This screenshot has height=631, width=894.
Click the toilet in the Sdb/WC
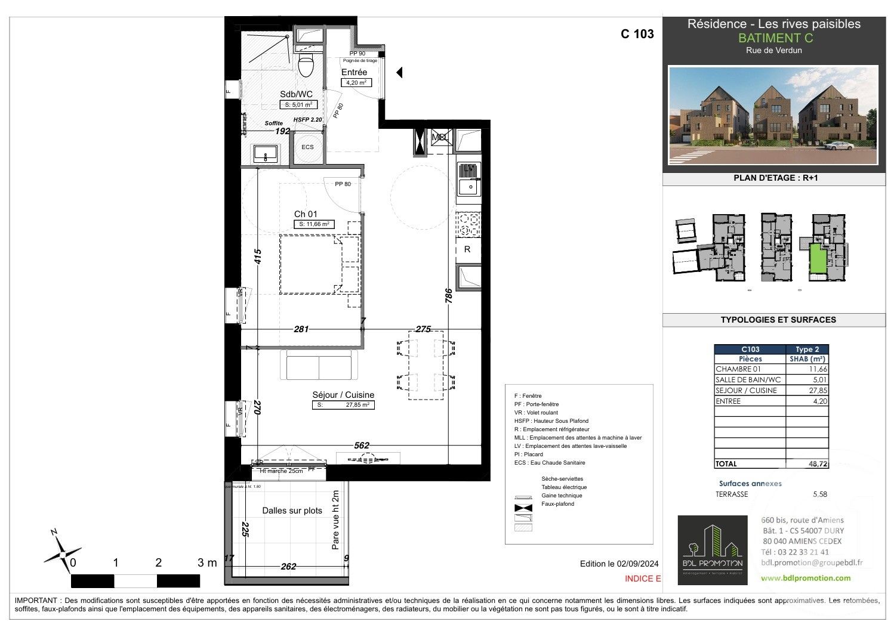[306, 65]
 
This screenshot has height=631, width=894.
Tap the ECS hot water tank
[307, 147]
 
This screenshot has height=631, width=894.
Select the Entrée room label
[354, 73]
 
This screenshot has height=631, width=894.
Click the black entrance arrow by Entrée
[399, 73]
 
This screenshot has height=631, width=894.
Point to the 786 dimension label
[449, 296]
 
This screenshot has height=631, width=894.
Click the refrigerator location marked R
[467, 249]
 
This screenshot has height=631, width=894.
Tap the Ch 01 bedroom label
[306, 214]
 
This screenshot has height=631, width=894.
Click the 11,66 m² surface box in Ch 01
[313, 225]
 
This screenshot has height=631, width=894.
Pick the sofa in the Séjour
[319, 366]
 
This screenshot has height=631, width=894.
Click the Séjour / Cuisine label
[343, 395]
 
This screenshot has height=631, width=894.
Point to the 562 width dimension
[362, 446]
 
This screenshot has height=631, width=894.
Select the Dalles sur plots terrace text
[292, 511]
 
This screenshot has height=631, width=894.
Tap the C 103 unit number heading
[637, 34]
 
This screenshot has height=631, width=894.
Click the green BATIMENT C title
[775, 38]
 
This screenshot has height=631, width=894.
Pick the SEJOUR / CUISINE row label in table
[746, 391]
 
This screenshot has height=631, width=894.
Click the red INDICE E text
[643, 579]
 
